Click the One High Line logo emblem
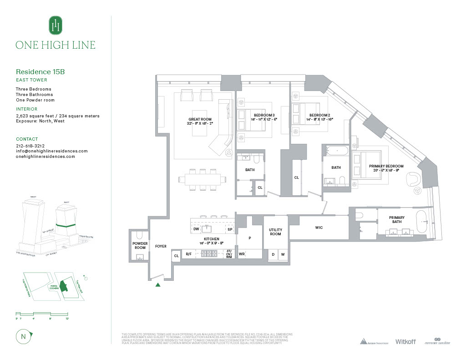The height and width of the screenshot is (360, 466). (55, 25)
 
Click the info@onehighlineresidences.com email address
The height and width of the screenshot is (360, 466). (51, 151)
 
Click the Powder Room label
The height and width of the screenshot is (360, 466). (140, 246)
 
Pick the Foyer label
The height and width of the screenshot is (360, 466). (161, 246)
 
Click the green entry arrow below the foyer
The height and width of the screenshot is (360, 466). (158, 285)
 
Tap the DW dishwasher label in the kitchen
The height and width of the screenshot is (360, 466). (196, 229)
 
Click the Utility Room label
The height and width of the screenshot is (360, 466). (275, 232)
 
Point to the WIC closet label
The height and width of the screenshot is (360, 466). (319, 228)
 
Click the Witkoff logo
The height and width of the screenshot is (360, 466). (405, 341)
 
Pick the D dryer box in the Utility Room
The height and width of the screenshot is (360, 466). (273, 254)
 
